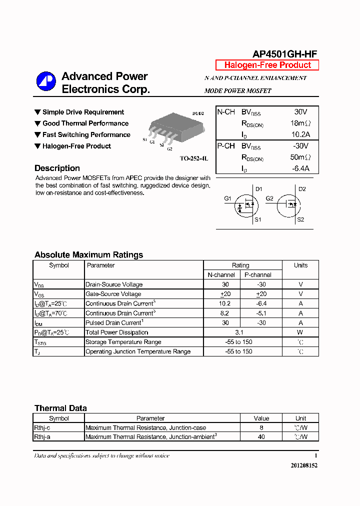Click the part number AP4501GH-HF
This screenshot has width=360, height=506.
pos(284,54)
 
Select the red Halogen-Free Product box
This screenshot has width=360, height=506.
pos(267,65)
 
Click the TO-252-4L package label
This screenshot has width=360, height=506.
pos(193,158)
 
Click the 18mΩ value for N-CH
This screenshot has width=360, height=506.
pos(300,123)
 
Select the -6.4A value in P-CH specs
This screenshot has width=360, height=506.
pos(300,168)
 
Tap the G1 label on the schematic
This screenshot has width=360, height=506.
pos(227,198)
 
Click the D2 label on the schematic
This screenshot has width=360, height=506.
pos(302,189)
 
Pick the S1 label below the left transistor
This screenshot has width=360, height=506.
pos(258,219)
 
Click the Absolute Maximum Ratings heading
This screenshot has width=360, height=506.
pos(88,254)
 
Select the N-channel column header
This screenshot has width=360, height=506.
pos(221,274)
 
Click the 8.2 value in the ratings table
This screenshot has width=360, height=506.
pos(224,313)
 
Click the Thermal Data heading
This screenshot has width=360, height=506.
pos(60,408)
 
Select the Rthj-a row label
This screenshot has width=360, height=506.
pos(42,436)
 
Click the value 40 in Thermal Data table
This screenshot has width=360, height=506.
pos(261,436)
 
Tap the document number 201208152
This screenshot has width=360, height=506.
pos(304,465)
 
